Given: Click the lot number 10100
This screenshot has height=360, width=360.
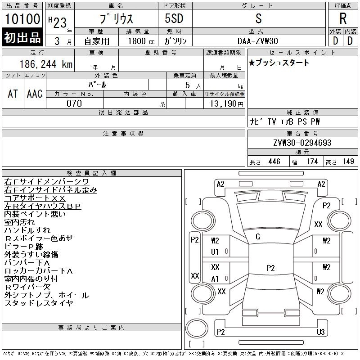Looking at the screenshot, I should point(22,20).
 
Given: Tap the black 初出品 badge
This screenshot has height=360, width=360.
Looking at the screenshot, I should point(22,38).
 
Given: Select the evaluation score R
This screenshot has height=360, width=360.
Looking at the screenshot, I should point(343,18).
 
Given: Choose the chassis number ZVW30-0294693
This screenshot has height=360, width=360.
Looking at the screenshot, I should point(302,143).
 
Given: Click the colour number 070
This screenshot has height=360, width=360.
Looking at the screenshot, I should point(74,103).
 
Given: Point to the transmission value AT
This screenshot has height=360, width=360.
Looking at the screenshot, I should point(13,94).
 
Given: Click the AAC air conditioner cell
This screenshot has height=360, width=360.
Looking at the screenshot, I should point(35,94).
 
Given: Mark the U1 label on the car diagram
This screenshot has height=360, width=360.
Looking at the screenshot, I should point(215,252).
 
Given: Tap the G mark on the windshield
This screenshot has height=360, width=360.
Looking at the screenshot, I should point(258,237).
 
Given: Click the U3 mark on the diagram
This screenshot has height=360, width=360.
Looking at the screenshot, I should point(321,332).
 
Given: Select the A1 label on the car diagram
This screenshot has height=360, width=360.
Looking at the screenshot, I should point(215,279).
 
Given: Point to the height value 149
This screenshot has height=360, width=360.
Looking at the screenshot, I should point(348,162).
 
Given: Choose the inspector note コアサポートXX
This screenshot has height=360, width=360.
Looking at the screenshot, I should point(35,198).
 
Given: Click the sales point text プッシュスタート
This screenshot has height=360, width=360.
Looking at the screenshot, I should point(282,63).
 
